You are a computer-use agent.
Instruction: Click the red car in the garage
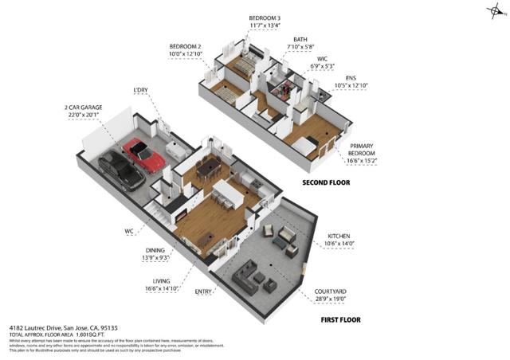pyautogui.click(x=144, y=155)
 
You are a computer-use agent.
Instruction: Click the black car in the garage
pyautogui.click(x=116, y=169)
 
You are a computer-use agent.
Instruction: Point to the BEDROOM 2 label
pyautogui.click(x=186, y=46)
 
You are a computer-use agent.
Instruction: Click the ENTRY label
pyautogui.click(x=204, y=292)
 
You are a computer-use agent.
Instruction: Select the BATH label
pyautogui.click(x=300, y=39)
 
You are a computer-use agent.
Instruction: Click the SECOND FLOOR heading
pyautogui.click(x=326, y=182)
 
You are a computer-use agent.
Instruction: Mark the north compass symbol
pyautogui.click(x=494, y=10)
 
